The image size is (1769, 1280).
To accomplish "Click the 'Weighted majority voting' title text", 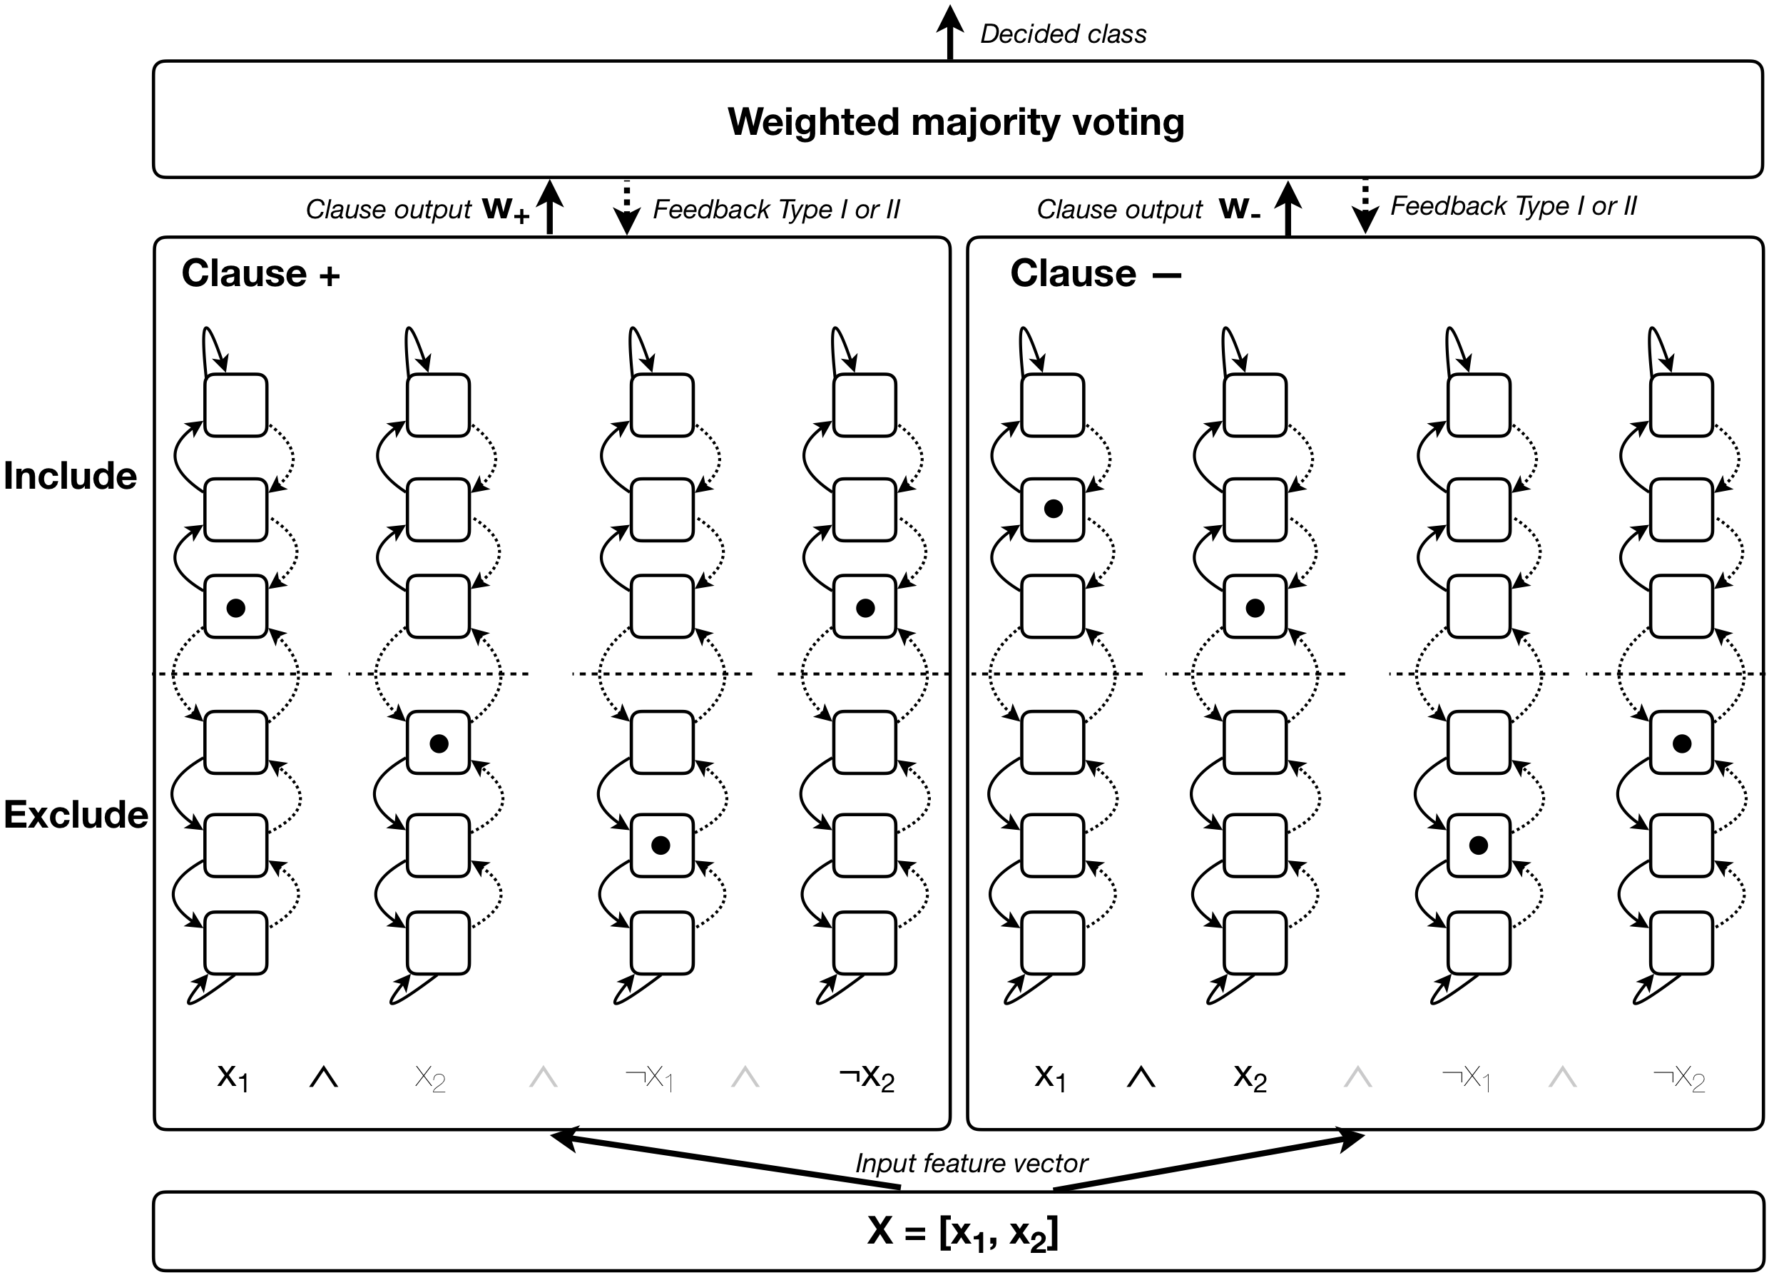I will [x=956, y=122].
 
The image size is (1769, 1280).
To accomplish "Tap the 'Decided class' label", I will [x=1063, y=34].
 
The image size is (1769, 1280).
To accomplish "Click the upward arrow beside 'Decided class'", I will [x=949, y=31].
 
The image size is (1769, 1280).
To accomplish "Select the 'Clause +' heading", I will [x=260, y=274].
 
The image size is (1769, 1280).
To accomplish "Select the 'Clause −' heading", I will [x=1095, y=274].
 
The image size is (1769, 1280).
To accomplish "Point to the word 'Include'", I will [x=70, y=476].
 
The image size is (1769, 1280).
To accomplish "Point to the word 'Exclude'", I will [x=76, y=814].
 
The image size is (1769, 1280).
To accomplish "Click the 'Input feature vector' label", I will [x=971, y=1163].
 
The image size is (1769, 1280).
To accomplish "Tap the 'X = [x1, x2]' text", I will [x=962, y=1232].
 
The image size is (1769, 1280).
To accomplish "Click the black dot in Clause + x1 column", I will [x=235, y=608].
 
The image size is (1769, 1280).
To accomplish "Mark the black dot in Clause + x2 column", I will [x=439, y=743].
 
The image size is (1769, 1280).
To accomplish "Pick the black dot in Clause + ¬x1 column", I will [x=661, y=845].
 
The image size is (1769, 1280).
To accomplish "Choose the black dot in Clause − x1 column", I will [x=1053, y=509].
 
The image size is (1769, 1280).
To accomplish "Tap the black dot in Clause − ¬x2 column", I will [x=1682, y=743].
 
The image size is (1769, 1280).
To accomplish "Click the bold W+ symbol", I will [x=506, y=209].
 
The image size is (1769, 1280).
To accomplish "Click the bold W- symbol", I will [x=1240, y=208].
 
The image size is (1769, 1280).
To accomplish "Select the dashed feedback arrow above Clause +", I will [x=626, y=207].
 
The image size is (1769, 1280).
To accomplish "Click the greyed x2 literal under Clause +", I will [x=430, y=1079].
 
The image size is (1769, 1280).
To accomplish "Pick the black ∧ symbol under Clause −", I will [x=1141, y=1077].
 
